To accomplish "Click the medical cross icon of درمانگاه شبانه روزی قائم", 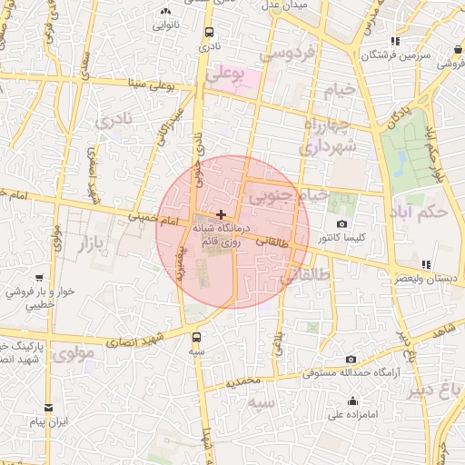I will coord(221,213).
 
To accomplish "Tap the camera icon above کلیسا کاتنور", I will coord(341,223).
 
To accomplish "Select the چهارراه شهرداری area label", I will coord(325,135).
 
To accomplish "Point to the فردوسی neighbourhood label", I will coord(287,54).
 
